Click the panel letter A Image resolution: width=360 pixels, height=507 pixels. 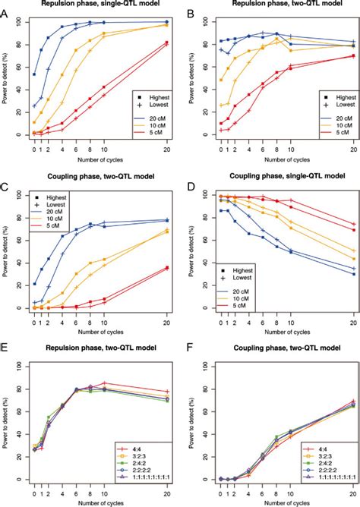click(6, 14)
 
